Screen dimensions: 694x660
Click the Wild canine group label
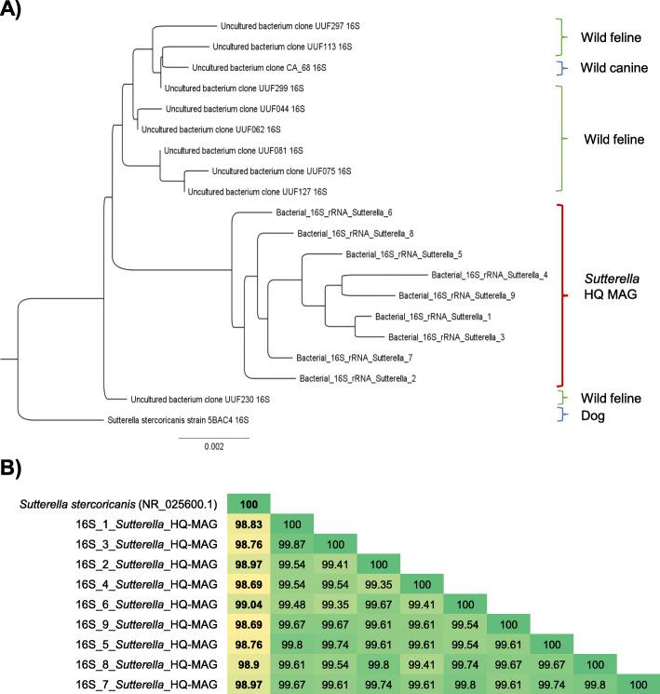pos(615,68)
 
